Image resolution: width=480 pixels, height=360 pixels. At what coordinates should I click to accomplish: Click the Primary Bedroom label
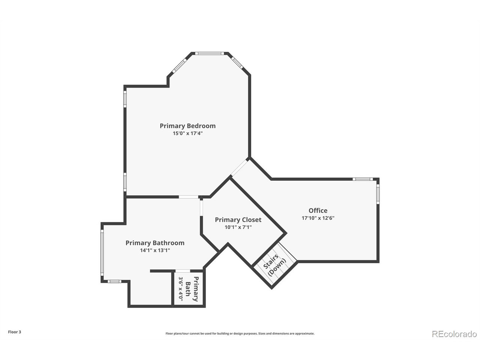pos(187,126)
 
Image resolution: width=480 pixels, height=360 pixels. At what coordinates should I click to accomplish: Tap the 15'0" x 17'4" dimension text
pos(187,133)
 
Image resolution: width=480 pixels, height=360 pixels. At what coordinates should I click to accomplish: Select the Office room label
pos(318,211)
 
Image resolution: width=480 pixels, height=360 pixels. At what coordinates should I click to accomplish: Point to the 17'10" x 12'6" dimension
pos(318,218)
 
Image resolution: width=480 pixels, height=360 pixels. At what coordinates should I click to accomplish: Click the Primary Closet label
pos(238,220)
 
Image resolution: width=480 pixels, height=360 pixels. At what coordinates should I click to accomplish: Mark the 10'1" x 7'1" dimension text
pos(238,227)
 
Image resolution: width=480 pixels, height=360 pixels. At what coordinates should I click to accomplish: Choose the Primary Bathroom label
pos(155,243)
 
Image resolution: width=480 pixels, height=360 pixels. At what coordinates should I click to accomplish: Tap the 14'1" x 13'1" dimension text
pos(155,250)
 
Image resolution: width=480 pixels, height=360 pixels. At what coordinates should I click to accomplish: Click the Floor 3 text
pos(15,332)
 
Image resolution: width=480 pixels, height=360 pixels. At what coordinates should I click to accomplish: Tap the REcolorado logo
pos(454,334)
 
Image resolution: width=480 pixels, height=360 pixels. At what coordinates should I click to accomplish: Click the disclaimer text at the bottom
pos(240,333)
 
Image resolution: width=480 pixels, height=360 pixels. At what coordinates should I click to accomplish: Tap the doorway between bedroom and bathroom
pos(189,197)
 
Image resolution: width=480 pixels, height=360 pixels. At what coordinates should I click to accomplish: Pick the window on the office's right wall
pos(378,193)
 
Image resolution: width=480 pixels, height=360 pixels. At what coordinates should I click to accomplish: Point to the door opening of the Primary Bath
pos(183,271)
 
